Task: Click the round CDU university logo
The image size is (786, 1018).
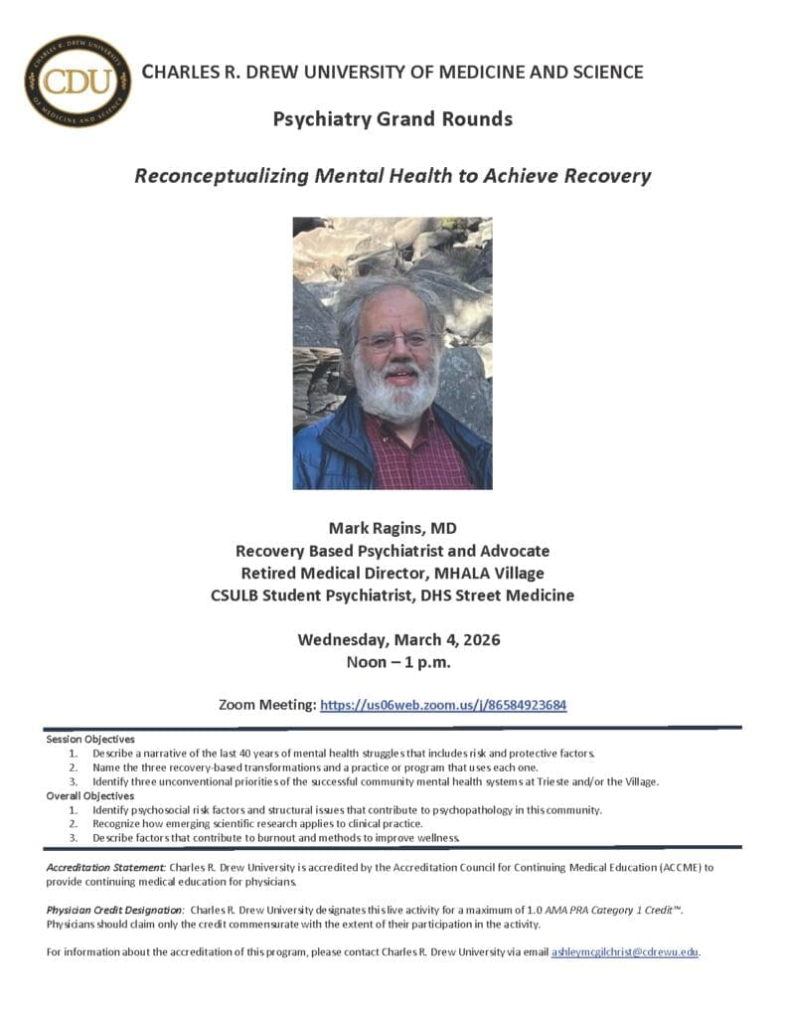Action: point(78,82)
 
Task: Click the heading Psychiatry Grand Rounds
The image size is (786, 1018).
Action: point(393,119)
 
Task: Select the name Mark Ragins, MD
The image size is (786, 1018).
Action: point(393,528)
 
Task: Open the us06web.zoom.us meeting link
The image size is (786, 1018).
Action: point(443,705)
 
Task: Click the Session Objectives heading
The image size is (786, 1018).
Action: point(90,740)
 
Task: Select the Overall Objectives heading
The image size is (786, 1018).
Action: point(90,795)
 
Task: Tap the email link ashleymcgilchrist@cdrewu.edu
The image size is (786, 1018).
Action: point(625,952)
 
